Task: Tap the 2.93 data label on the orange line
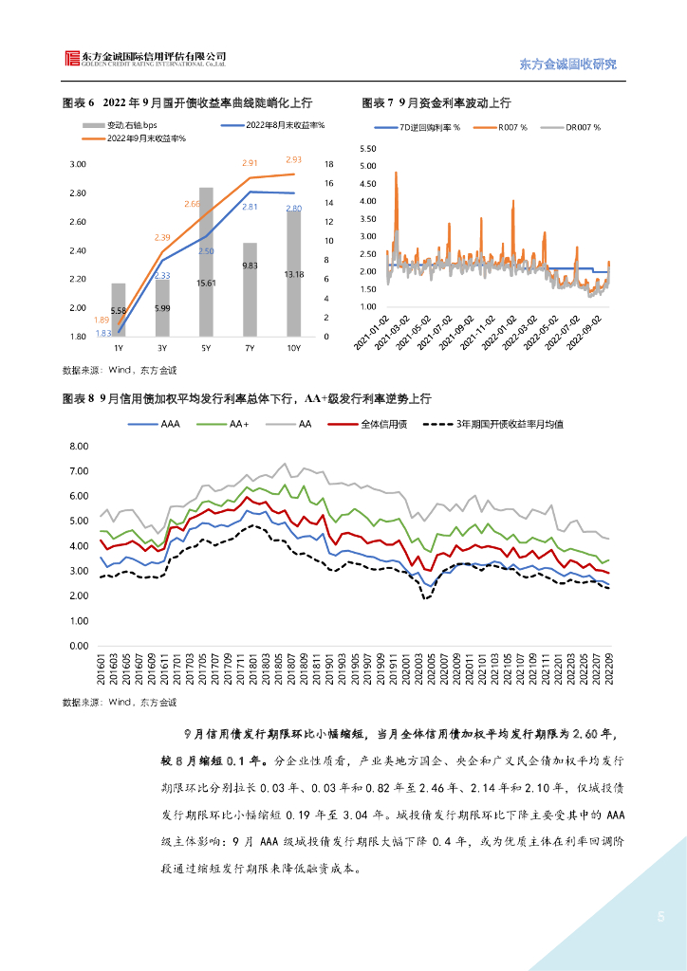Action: pyautogui.click(x=293, y=160)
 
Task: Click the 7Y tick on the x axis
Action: pyautogui.click(x=250, y=348)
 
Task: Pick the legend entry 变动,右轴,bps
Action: pyautogui.click(x=128, y=125)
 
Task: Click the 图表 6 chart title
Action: pyautogui.click(x=187, y=101)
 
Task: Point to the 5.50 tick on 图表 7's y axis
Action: pyautogui.click(x=368, y=149)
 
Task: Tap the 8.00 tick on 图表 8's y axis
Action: pyautogui.click(x=79, y=446)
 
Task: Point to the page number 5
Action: pyautogui.click(x=660, y=917)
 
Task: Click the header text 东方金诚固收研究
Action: pyautogui.click(x=568, y=64)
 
